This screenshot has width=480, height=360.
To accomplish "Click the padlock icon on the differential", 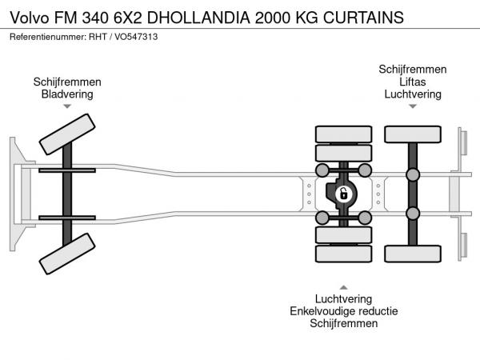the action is pyautogui.click(x=344, y=194).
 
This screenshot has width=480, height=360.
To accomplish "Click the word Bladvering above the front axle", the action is pyautogui.click(x=67, y=94).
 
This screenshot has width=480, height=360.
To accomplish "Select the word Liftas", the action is pyautogui.click(x=412, y=82).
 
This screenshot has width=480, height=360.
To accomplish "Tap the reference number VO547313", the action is pyautogui.click(x=136, y=37).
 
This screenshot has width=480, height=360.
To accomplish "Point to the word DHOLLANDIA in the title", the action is pyautogui.click(x=198, y=18).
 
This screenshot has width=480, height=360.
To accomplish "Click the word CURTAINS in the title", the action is pyautogui.click(x=363, y=18).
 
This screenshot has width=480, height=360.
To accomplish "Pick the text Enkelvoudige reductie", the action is pyautogui.click(x=344, y=311).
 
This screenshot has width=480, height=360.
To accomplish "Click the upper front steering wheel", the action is pyautogui.click(x=67, y=134).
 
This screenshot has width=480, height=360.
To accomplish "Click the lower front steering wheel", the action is pyautogui.click(x=67, y=254).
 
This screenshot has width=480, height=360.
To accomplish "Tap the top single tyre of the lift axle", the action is pyautogui.click(x=413, y=134).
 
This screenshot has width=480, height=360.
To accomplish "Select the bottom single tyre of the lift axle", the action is pyautogui.click(x=413, y=254).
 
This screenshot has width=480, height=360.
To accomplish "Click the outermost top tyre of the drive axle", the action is pyautogui.click(x=343, y=134).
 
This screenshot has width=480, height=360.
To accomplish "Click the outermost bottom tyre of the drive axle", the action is pyautogui.click(x=343, y=254).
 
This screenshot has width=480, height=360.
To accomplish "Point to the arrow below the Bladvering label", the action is pyautogui.click(x=67, y=106).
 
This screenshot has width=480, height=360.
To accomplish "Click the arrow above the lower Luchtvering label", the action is pyautogui.click(x=343, y=287).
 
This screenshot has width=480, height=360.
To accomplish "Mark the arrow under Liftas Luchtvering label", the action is pyautogui.click(x=413, y=106).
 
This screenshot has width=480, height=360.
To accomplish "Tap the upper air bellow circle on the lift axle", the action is pyautogui.click(x=413, y=174).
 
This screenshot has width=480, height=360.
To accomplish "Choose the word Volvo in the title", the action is pyautogui.click(x=30, y=18).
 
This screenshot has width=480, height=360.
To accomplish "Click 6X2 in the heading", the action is pyautogui.click(x=128, y=18).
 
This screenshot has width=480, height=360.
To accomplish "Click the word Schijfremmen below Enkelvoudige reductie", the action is pyautogui.click(x=343, y=323).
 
